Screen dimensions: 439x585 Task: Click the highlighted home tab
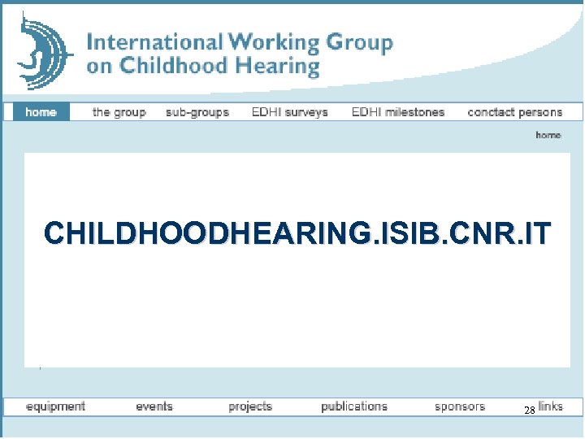41,112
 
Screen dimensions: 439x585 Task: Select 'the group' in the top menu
119,112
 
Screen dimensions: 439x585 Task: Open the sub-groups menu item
197,112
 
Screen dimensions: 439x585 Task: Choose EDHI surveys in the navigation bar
289,112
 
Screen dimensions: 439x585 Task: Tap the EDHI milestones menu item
397,112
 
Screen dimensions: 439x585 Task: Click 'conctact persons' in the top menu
514,112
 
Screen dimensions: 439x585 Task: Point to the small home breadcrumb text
548,135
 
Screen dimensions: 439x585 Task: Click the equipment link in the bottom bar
55,406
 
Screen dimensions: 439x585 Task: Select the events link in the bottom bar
154,406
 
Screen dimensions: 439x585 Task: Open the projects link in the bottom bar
250,406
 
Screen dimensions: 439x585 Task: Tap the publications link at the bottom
354,406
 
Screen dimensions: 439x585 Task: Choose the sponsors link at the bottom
459,406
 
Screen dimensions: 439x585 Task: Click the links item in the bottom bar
550,406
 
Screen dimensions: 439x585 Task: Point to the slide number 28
528,411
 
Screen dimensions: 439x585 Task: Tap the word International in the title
154,42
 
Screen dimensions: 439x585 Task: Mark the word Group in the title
358,43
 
